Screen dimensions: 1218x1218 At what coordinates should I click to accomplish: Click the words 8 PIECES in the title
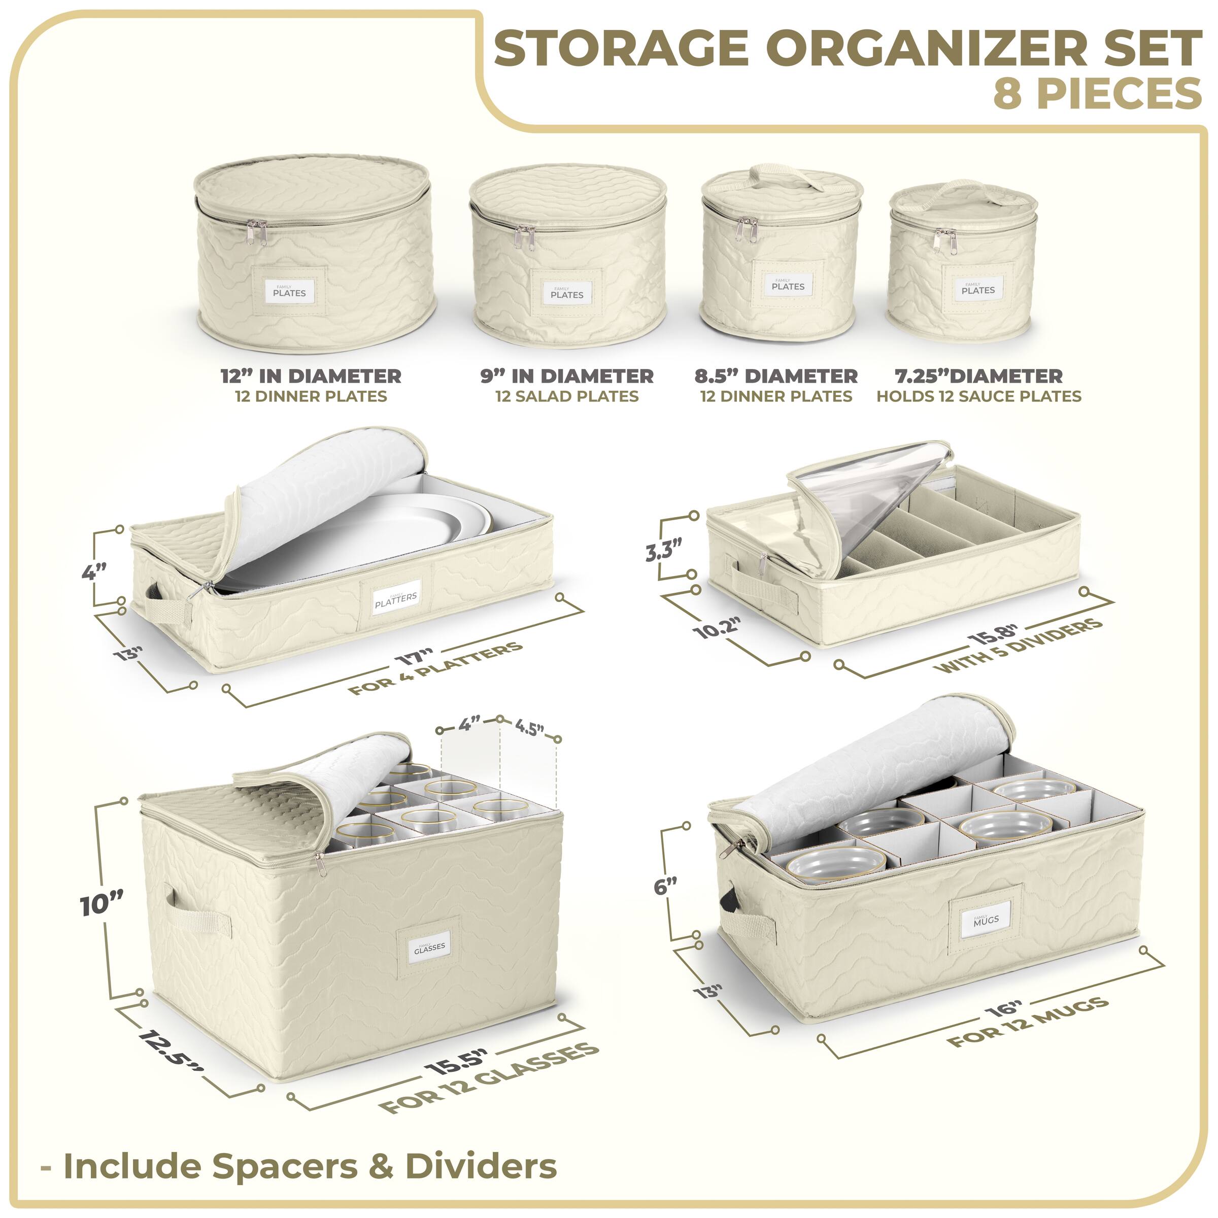point(1096,94)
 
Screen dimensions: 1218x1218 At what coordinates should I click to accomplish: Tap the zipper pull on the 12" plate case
point(257,232)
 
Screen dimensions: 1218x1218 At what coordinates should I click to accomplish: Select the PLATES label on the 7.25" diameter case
point(978,289)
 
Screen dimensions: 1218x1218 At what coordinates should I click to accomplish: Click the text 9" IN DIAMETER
point(567,377)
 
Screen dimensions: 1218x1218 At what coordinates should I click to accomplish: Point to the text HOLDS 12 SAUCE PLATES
point(978,396)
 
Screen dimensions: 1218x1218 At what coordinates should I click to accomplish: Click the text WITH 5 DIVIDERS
point(1021,646)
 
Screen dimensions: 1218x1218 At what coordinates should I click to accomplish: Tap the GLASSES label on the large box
point(429,947)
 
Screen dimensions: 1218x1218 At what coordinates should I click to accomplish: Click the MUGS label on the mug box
point(986,920)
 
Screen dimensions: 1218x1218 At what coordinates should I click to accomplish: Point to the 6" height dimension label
point(666,886)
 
